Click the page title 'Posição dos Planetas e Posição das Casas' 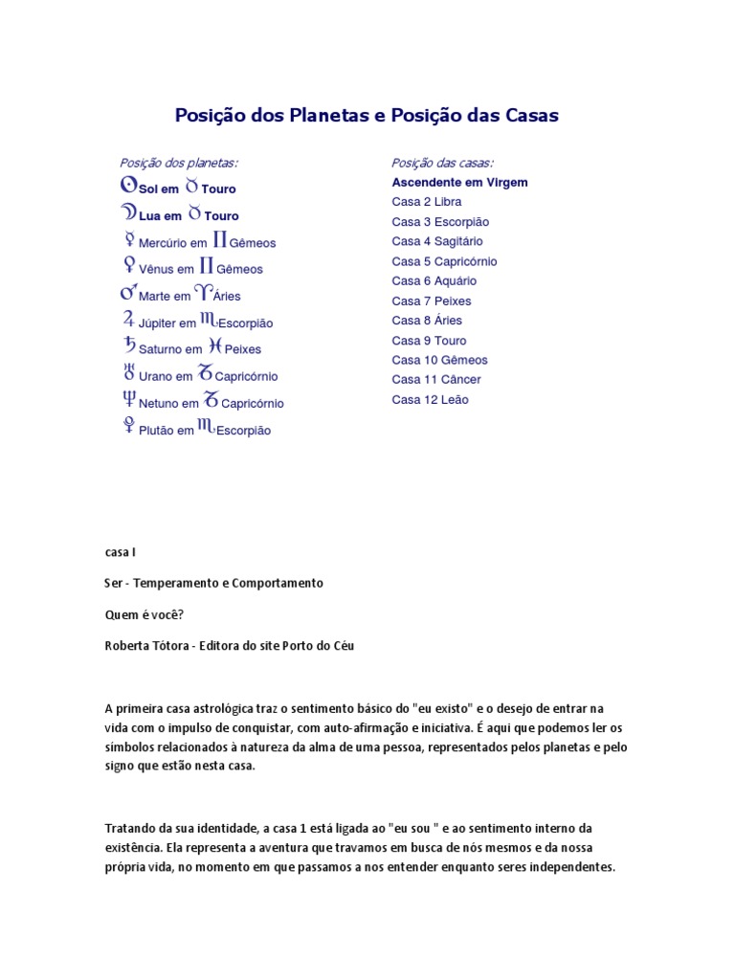pyautogui.click(x=367, y=116)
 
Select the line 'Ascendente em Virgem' pyautogui.click(x=459, y=182)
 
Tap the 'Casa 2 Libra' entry pyautogui.click(x=427, y=202)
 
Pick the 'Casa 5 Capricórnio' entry pyautogui.click(x=444, y=261)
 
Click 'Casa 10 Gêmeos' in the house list pyautogui.click(x=439, y=360)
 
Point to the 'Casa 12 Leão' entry pyautogui.click(x=430, y=400)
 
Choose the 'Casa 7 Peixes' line pyautogui.click(x=432, y=301)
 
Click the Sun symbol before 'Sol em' pyautogui.click(x=128, y=187)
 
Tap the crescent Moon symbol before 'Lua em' pyautogui.click(x=128, y=213)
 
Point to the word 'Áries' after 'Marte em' pyautogui.click(x=228, y=297)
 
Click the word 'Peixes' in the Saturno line pyautogui.click(x=242, y=350)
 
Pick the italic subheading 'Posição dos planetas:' pyautogui.click(x=179, y=163)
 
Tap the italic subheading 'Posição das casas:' pyautogui.click(x=443, y=163)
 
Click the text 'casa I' pyautogui.click(x=122, y=552)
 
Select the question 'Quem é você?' pyautogui.click(x=144, y=614)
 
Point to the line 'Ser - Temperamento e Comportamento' pyautogui.click(x=213, y=583)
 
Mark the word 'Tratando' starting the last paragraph pyautogui.click(x=129, y=827)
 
